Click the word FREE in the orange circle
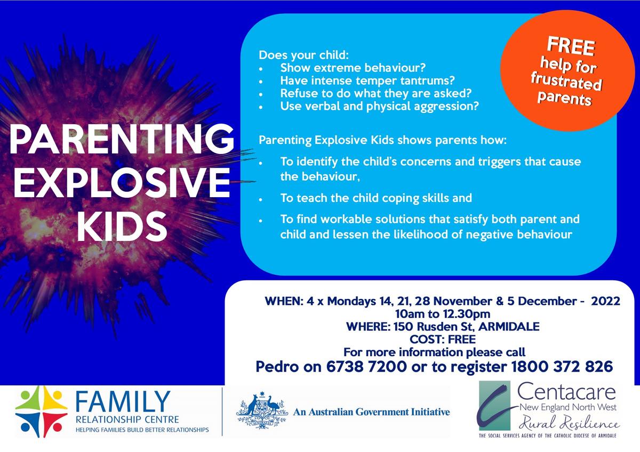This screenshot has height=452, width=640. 571,46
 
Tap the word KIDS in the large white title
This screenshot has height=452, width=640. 122,227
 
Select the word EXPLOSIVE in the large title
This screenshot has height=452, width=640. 122,183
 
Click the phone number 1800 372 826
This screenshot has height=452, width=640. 562,366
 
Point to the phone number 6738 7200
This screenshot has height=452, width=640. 366,366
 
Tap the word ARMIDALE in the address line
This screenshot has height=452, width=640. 509,326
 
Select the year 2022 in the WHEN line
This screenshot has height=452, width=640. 605,301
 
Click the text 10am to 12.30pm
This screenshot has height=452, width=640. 443,314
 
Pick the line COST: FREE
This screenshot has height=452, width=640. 443,339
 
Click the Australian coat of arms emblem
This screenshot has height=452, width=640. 262,411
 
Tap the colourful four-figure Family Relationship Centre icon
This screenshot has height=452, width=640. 42,411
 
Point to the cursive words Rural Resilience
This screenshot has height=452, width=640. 569,423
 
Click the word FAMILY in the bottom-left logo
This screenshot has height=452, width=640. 123,402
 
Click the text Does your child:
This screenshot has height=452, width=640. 303,55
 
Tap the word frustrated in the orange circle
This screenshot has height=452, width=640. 566,82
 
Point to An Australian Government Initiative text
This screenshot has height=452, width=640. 371,411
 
